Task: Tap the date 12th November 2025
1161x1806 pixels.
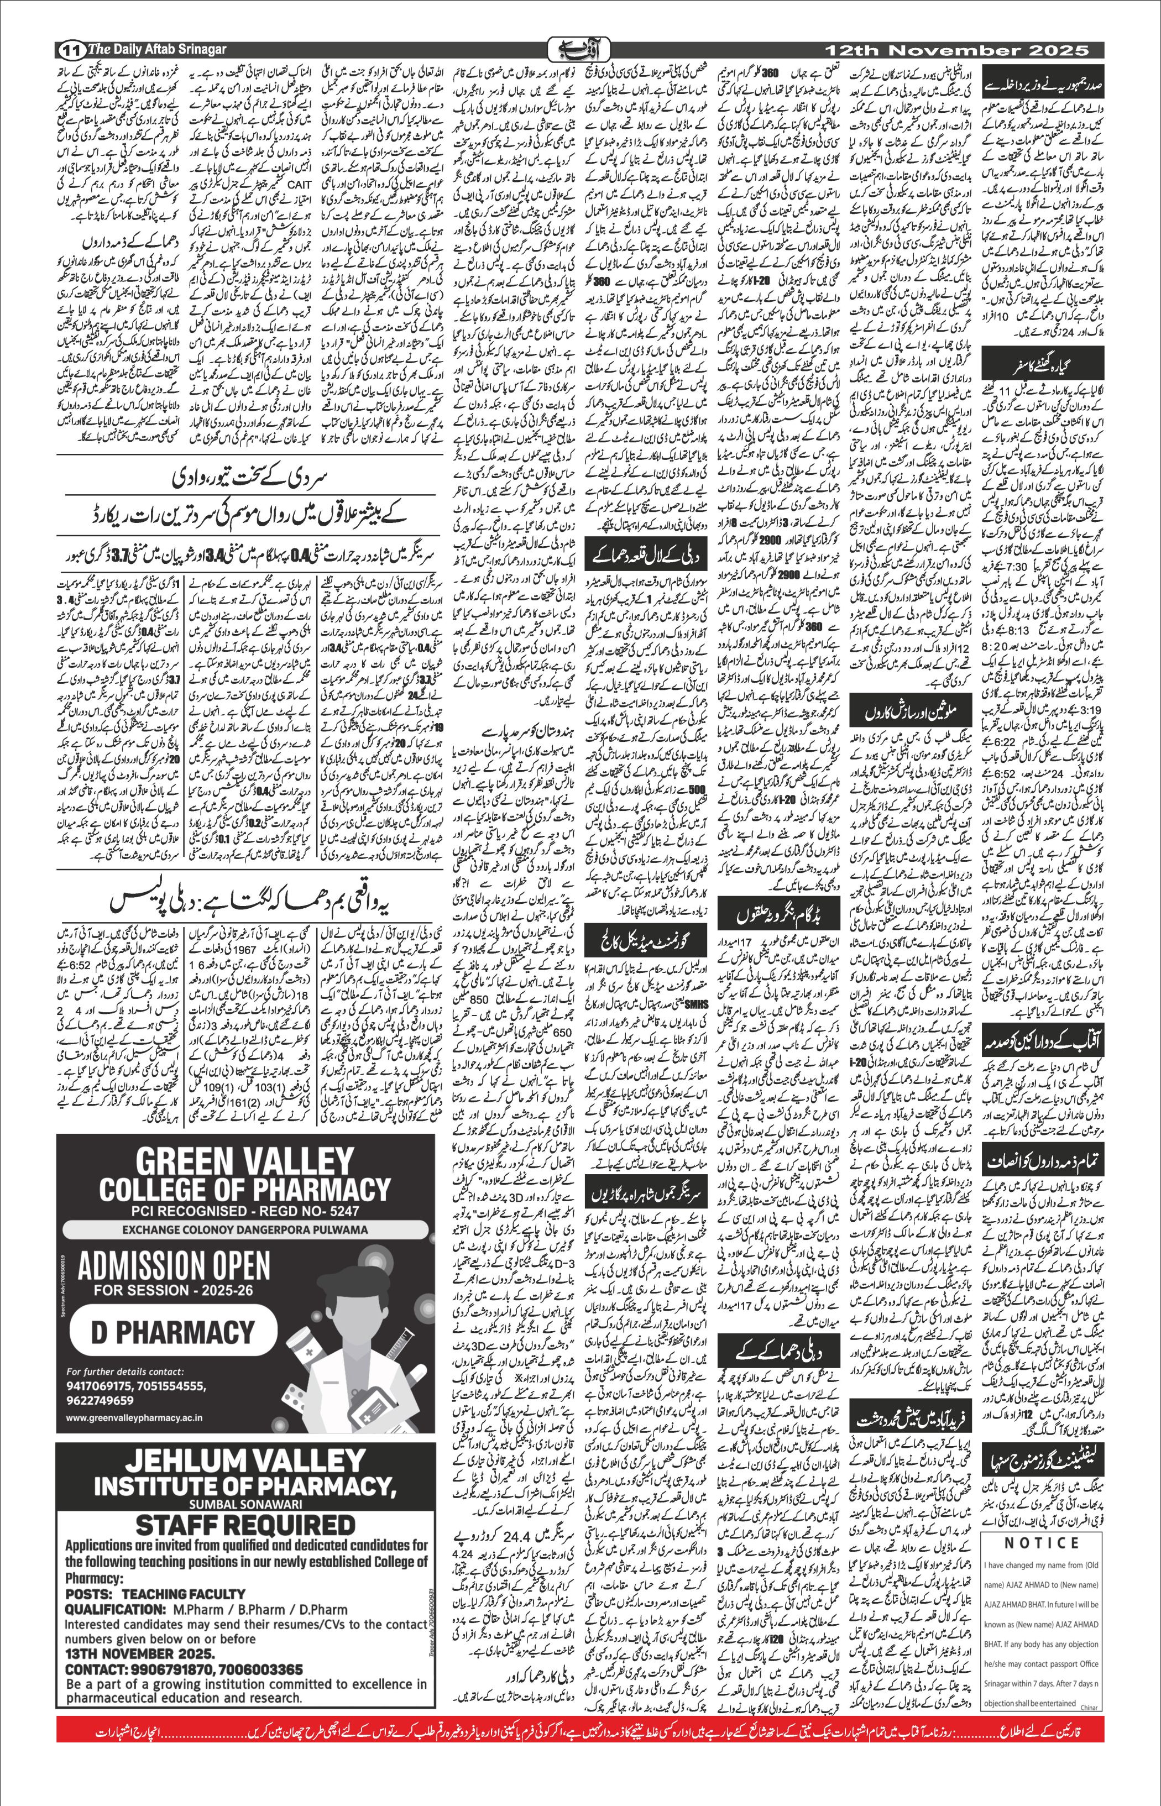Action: point(956,50)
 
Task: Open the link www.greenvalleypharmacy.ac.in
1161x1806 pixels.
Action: point(134,1418)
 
